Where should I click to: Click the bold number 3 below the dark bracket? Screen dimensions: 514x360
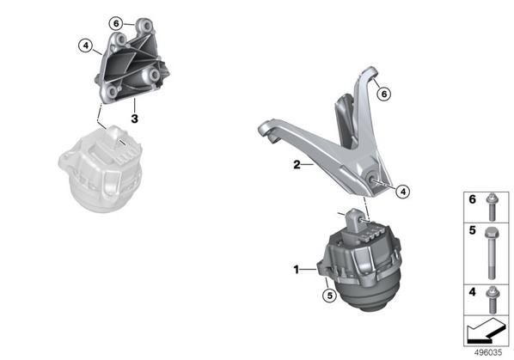(134, 119)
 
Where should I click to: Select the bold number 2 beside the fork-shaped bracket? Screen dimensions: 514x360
(297, 164)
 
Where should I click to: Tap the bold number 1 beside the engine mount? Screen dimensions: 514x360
(296, 270)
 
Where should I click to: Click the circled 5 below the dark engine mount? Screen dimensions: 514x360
(329, 296)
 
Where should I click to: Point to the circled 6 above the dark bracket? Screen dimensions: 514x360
(116, 23)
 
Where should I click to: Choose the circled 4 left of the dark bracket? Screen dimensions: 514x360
(86, 46)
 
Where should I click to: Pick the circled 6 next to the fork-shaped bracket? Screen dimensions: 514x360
(384, 95)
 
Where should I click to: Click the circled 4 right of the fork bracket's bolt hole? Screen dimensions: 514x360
(403, 192)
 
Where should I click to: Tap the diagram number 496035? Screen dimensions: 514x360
(488, 353)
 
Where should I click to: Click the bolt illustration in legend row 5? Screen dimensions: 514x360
(491, 253)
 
